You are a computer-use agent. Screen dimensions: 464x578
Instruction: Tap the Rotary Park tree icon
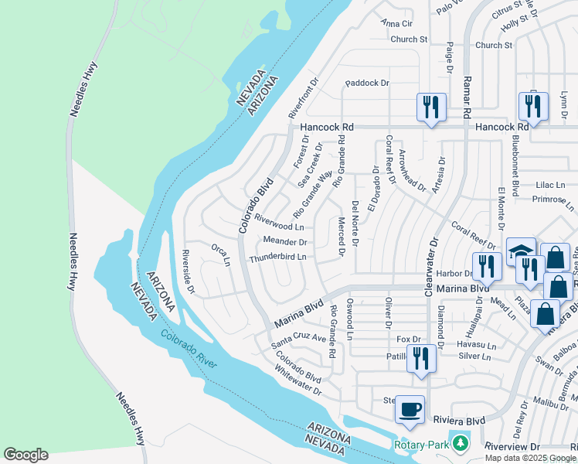(x=461, y=443)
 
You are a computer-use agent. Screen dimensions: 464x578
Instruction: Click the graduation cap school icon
(x=521, y=251)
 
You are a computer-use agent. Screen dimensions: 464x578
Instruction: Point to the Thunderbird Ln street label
(x=277, y=257)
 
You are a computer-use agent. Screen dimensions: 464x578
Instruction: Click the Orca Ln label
(x=221, y=254)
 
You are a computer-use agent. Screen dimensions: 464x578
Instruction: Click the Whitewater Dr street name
(x=296, y=380)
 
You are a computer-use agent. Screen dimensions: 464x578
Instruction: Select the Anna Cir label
(x=397, y=23)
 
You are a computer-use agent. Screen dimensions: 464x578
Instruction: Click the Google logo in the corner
(x=25, y=455)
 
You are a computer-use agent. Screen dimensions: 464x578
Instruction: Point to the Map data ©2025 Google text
(x=529, y=458)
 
